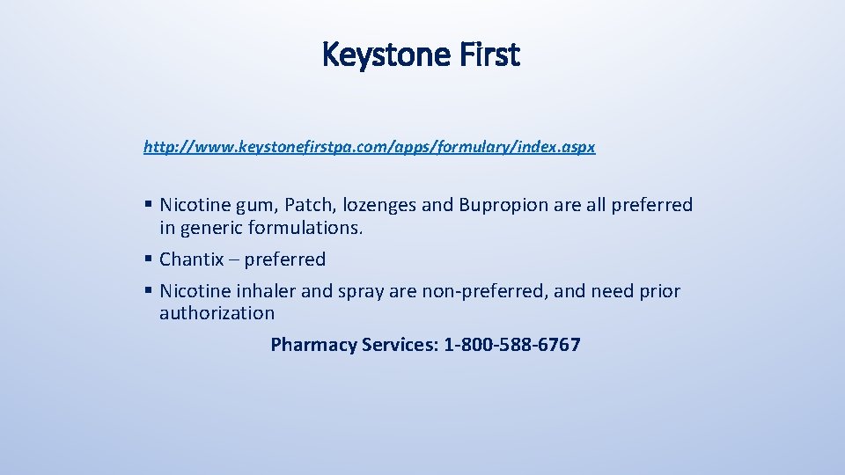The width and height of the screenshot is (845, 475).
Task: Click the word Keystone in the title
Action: coord(384,55)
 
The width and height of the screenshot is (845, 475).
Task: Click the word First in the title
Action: coord(490,55)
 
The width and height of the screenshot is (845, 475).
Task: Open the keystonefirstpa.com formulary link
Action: coord(369,147)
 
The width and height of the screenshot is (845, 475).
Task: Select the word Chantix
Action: coord(191,259)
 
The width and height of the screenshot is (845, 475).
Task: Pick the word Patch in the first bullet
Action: coord(306,205)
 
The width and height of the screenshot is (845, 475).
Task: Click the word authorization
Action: coord(217,313)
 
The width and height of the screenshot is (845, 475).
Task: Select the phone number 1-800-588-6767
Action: coord(512,345)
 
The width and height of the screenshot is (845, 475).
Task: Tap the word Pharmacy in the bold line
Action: coord(312,345)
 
